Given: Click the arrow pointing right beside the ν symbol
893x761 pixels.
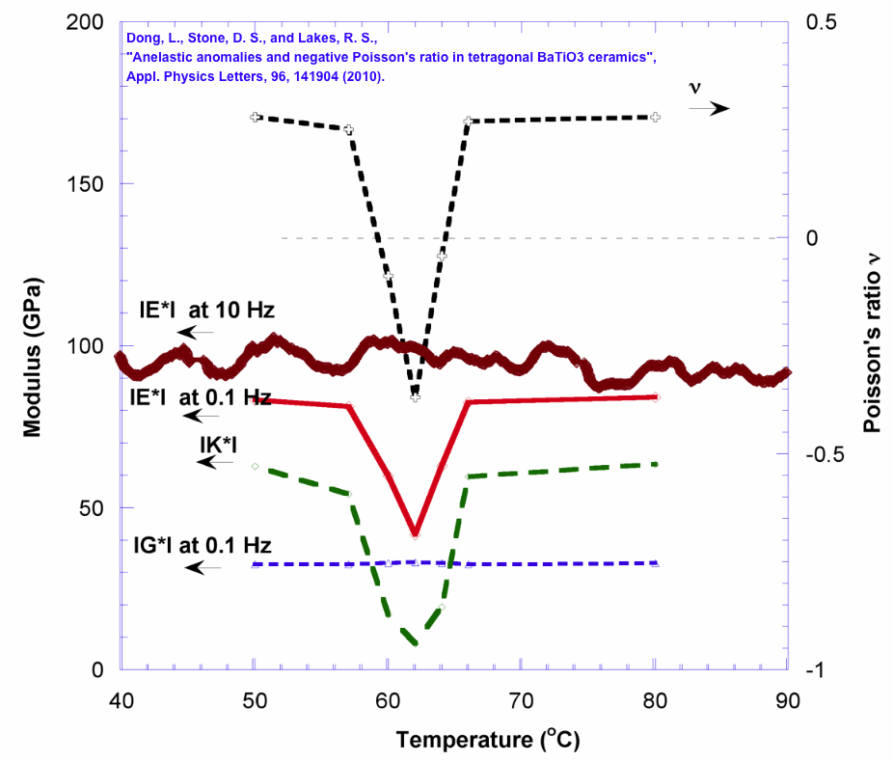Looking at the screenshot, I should [709, 109].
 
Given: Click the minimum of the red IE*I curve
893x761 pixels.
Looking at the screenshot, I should [415, 533].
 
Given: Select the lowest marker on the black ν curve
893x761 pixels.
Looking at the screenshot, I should [415, 396].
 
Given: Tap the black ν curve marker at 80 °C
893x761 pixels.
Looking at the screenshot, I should [655, 117].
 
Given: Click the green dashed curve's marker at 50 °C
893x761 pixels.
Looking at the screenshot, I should [255, 466].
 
